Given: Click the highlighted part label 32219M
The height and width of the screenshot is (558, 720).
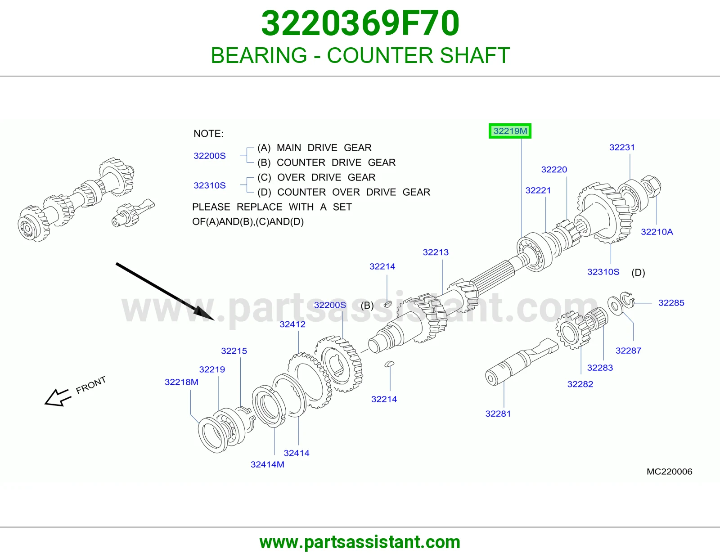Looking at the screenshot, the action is point(510,131).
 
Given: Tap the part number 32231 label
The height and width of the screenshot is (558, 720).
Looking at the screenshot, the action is point(621,148).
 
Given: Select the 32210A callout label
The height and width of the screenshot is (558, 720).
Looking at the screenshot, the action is point(657,232).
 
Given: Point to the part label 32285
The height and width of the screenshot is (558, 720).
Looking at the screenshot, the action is point(671,302).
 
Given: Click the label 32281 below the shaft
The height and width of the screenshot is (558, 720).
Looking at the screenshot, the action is point(498,414).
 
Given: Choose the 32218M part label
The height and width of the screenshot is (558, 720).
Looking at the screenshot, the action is point(181,382).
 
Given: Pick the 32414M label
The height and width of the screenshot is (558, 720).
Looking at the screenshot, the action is point(267,464).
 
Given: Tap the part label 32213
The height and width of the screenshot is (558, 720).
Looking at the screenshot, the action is point(436,252).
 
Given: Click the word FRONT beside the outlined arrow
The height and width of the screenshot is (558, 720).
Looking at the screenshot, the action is point(91,385).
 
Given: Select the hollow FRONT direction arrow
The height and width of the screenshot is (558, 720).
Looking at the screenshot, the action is point(57,398).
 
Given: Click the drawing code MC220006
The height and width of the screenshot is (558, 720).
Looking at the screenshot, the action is point(669,472).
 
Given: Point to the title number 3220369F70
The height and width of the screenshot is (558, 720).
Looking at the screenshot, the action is point(360,23).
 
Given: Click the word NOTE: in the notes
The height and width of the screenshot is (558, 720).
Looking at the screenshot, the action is point(208,134).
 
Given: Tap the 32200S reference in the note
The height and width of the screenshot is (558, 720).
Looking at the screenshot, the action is point(209,156).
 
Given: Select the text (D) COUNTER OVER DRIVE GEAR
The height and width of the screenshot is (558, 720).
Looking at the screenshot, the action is point(344,192).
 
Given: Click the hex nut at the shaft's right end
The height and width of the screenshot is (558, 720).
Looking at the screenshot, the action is point(651,186).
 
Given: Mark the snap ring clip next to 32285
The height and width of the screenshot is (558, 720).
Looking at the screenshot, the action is point(627,300).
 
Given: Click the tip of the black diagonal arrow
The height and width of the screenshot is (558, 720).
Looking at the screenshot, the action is point(215,320).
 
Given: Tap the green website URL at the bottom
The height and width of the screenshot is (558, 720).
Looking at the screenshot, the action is point(360,542).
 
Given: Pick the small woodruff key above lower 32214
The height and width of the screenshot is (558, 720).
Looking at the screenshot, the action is point(389,364).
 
